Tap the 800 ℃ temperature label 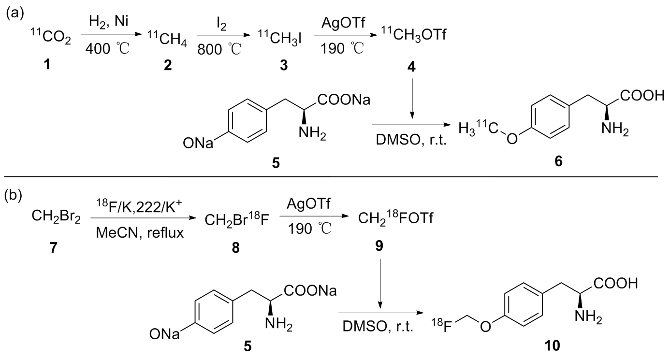tap(219, 49)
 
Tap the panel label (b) tap(13, 196)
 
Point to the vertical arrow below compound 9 tap(380, 283)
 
